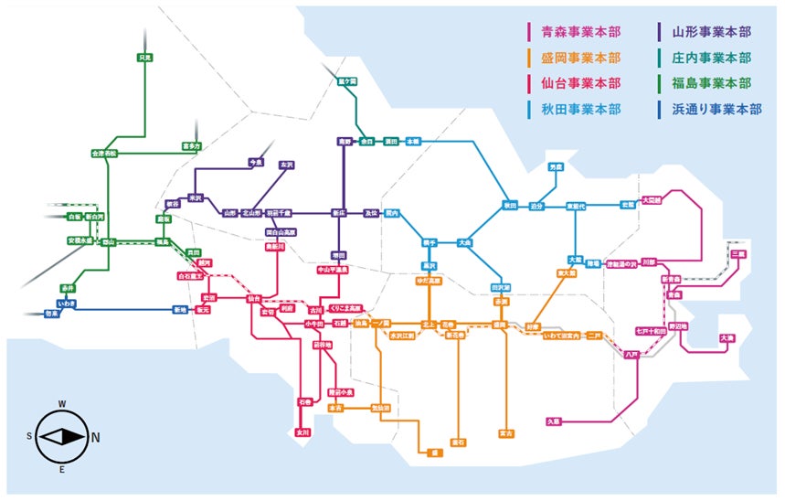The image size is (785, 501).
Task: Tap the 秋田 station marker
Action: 510,205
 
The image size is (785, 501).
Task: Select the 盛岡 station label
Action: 500,325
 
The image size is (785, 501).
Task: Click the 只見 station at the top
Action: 144,58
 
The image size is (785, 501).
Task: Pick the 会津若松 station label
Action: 105,153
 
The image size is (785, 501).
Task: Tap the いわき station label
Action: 67,302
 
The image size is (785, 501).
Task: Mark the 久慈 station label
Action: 554,421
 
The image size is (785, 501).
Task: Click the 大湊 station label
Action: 727,338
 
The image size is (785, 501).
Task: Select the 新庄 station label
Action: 339,212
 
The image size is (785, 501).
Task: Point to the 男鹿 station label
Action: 556,167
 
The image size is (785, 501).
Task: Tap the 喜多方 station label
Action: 191,144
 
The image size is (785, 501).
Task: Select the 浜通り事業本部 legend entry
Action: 717,109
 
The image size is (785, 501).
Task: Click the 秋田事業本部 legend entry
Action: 579,109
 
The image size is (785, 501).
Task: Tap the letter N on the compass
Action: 97,437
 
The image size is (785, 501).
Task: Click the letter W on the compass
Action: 62,403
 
